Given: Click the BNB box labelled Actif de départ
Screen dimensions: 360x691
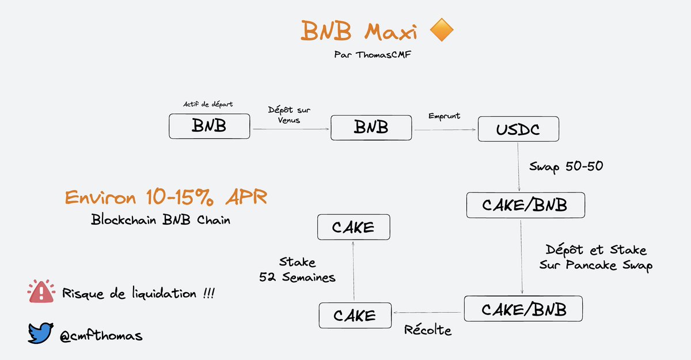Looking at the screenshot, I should pos(210,126).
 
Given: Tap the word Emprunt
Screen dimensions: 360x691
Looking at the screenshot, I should pos(445,116).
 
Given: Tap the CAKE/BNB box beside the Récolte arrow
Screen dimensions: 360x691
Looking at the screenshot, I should pos(523,309).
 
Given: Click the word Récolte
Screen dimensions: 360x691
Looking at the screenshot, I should pos(427,330).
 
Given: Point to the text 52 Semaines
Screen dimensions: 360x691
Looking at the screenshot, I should pos(298,277).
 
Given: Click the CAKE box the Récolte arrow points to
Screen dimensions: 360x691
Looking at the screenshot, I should pos(354,315).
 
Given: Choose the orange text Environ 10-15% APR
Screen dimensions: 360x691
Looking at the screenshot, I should pos(166,197).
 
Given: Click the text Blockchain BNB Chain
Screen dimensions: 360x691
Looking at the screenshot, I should pos(160,220).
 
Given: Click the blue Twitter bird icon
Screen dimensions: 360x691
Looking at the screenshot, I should pos(41,333).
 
